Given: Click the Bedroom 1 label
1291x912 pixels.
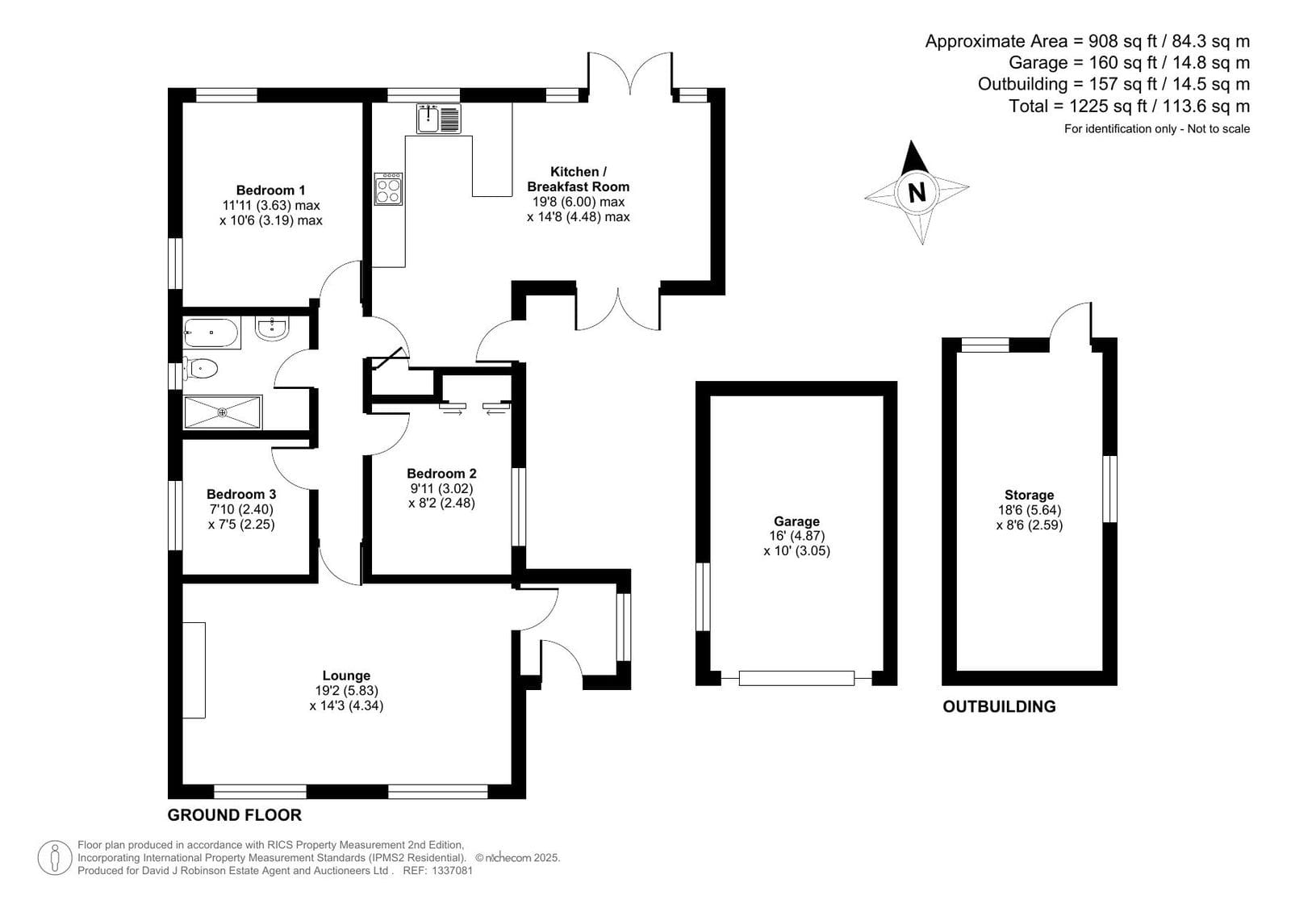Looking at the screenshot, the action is tap(271, 190).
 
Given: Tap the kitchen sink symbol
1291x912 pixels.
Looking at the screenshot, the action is tap(439, 119).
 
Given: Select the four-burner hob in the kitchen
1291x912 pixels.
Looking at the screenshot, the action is tap(388, 189).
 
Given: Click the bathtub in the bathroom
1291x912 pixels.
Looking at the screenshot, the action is tap(211, 333).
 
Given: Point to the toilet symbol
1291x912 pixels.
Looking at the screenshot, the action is tap(199, 368).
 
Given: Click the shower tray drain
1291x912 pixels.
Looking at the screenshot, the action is tap(223, 412).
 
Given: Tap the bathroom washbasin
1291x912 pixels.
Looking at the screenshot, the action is tap(272, 328).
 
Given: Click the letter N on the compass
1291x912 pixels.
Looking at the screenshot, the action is tap(917, 191).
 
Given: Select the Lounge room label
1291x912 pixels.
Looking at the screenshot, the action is tap(346, 675).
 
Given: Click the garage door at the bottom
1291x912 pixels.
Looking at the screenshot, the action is tap(796, 678).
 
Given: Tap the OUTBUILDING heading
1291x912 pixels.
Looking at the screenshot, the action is tap(999, 706).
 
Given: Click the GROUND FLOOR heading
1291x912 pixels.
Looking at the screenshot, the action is tap(235, 814).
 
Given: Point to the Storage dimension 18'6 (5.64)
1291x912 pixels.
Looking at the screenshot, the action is tap(1030, 509).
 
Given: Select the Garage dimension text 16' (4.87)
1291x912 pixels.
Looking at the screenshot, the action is tap(796, 536).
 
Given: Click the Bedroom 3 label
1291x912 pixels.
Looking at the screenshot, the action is tap(241, 494).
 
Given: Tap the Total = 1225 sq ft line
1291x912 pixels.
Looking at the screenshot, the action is tap(1129, 106).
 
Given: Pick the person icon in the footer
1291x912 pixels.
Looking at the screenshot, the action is tap(55, 858).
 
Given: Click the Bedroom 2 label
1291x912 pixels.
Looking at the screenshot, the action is tap(441, 473).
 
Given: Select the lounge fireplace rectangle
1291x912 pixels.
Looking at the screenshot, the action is tap(194, 671).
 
